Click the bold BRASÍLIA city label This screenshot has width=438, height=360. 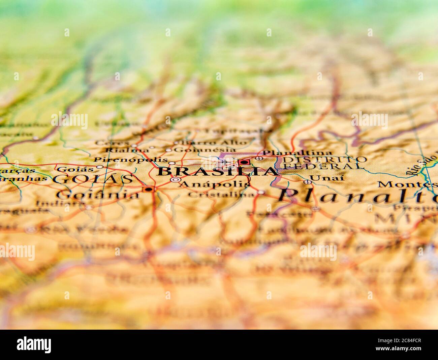pyautogui.click(x=217, y=171)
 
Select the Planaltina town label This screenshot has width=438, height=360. pyautogui.click(x=297, y=153)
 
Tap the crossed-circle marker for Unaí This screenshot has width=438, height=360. pyautogui.click(x=307, y=182)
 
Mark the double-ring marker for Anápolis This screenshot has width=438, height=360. pyautogui.click(x=175, y=180)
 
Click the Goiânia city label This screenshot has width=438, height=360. pyautogui.click(x=98, y=194)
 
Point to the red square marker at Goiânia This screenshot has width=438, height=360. pyautogui.click(x=148, y=190)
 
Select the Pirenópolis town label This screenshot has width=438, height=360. pyautogui.click(x=130, y=159)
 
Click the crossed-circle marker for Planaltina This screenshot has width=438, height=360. pyautogui.click(x=259, y=158)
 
